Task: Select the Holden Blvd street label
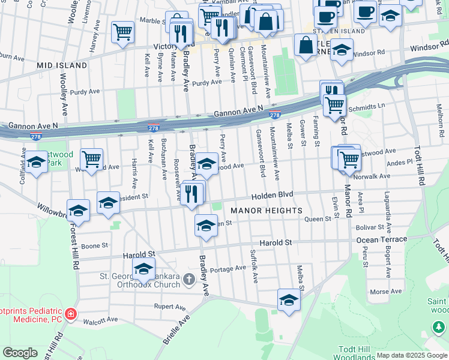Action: (x=272, y=195)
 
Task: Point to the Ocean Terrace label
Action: (x=381, y=239)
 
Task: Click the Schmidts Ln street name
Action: (x=367, y=104)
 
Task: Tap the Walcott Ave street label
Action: (x=101, y=320)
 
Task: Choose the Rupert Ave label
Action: (x=168, y=306)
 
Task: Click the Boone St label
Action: (x=94, y=245)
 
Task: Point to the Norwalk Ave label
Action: (x=373, y=176)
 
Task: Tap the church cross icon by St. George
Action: (x=189, y=279)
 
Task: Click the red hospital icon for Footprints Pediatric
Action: (x=71, y=313)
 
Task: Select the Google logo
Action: (x=20, y=353)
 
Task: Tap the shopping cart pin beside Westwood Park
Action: (x=91, y=160)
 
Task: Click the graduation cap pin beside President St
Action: (x=108, y=203)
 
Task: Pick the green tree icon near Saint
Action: (x=439, y=327)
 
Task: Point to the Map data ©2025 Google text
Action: (x=412, y=355)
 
